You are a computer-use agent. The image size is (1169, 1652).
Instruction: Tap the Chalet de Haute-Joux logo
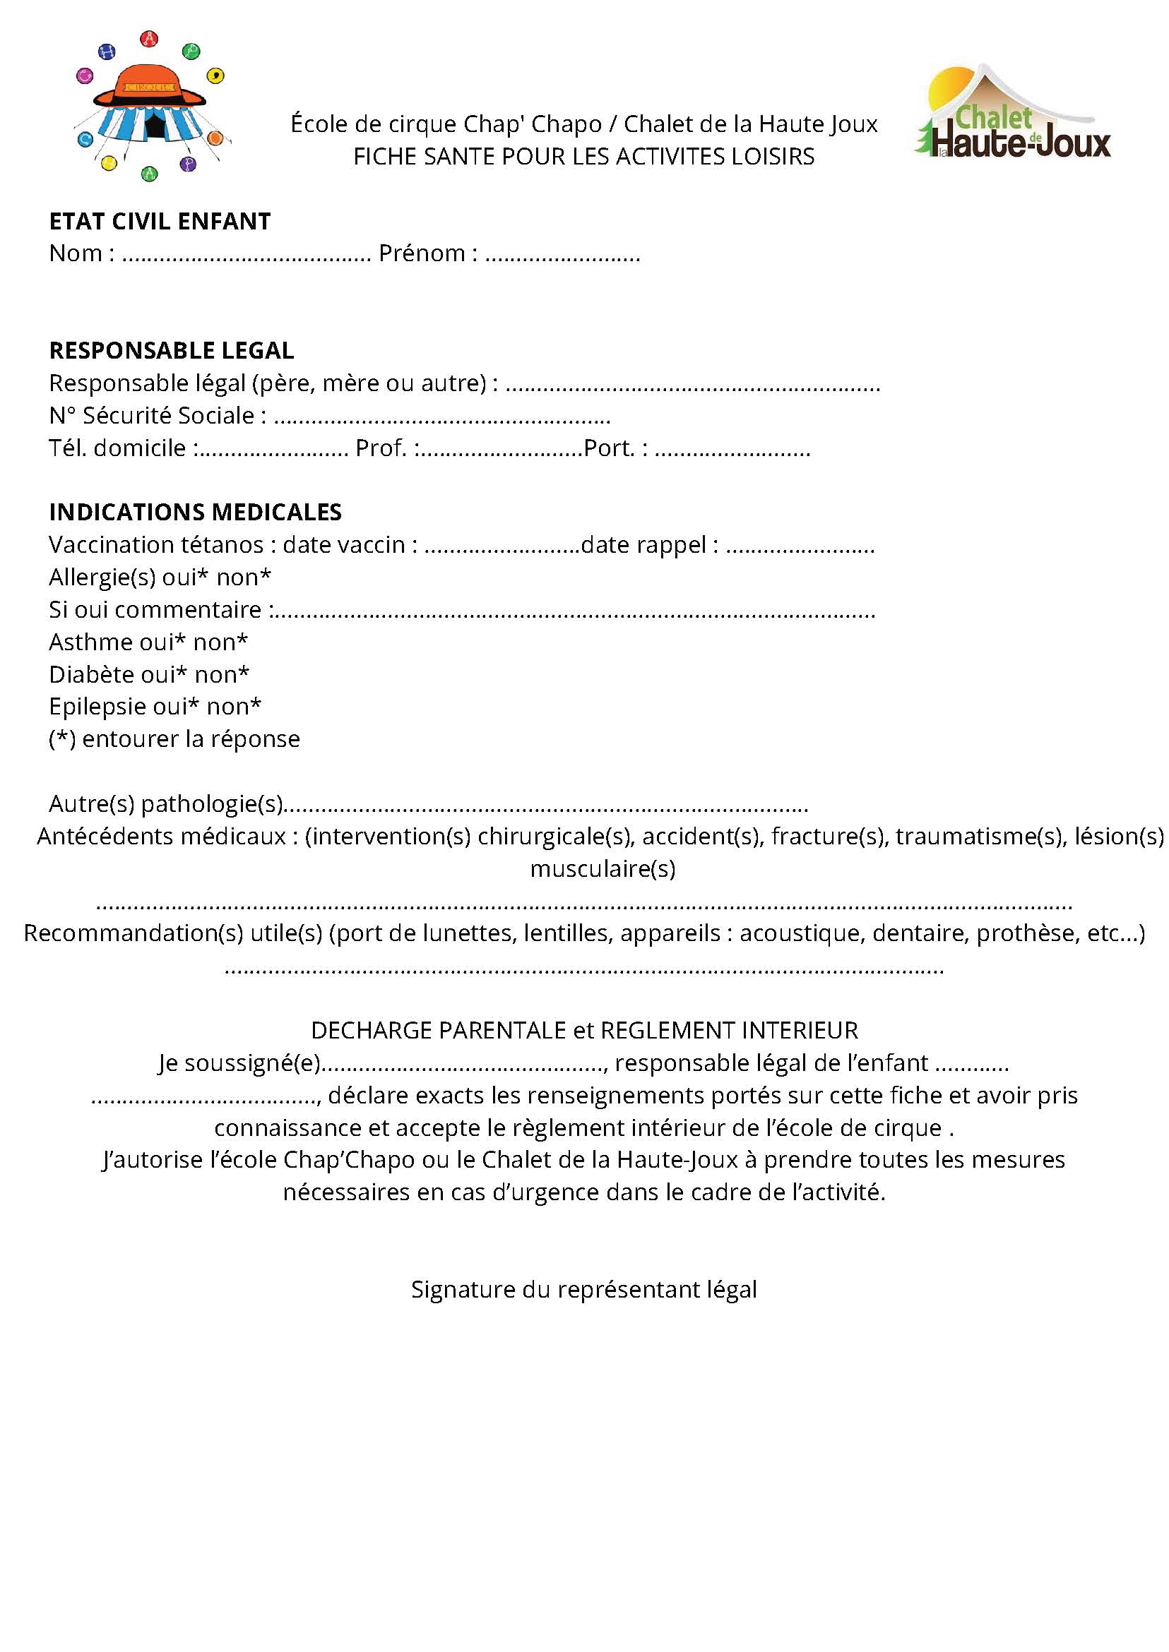click(1013, 115)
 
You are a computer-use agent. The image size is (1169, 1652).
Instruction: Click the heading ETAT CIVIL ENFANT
click(160, 222)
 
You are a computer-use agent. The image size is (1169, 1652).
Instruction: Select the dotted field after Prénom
click(562, 256)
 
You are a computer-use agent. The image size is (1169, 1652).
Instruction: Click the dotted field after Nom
click(247, 256)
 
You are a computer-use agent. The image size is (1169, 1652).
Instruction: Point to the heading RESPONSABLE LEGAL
click(172, 350)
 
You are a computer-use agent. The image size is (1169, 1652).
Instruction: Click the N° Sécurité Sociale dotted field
click(442, 418)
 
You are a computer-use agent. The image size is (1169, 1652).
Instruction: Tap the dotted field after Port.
click(732, 450)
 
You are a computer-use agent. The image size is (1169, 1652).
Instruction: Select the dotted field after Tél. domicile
click(272, 450)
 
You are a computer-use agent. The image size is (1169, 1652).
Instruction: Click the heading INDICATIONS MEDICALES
click(195, 513)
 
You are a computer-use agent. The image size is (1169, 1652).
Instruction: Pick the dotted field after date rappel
click(800, 548)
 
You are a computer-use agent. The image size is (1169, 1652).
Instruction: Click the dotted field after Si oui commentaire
click(574, 612)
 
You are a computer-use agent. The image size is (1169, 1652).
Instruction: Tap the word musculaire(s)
click(603, 869)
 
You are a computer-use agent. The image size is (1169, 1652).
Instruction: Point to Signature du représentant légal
click(583, 1289)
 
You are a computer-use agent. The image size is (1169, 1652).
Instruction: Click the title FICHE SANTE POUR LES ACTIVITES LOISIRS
click(583, 157)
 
